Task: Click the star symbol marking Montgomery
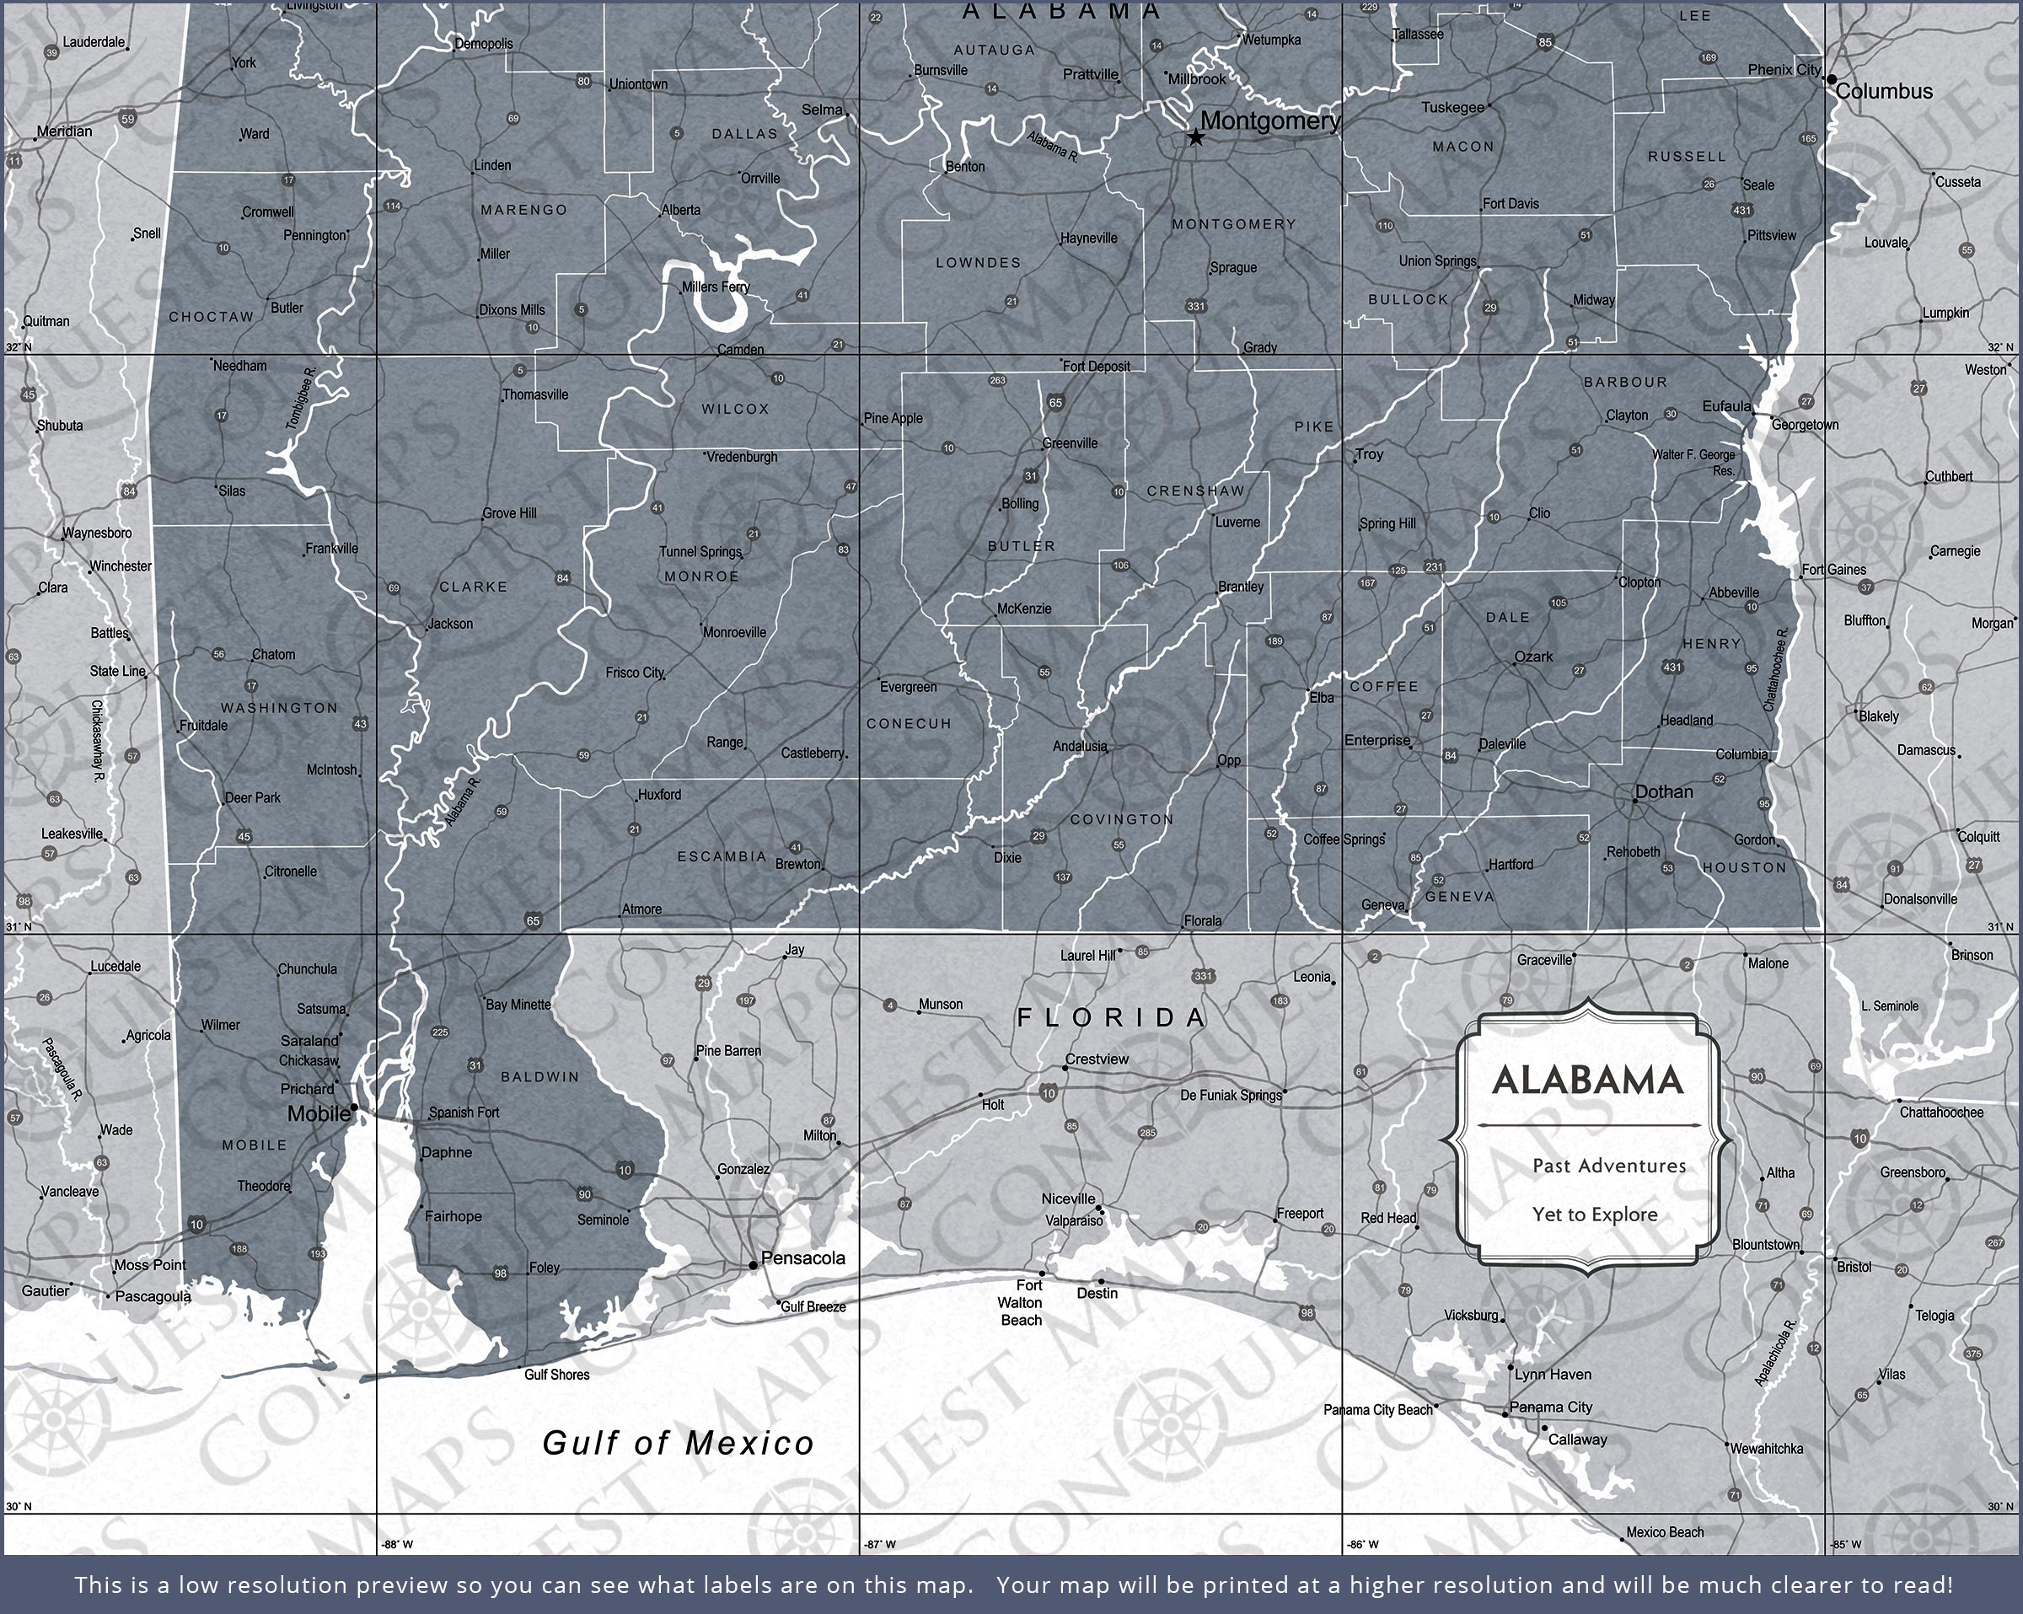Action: pos(1195,138)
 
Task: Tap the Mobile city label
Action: pos(318,1114)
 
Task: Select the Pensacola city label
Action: pos(803,1258)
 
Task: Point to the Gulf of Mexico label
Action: pos(679,1443)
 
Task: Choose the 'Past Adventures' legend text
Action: pos(1609,1166)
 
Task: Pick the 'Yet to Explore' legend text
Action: pos(1594,1215)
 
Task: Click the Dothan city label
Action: pos(1664,792)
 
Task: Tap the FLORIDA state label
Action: pos(1112,1017)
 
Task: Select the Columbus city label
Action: pos(1884,92)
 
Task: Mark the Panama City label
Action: pos(1551,1407)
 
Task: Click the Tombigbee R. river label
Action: pos(301,399)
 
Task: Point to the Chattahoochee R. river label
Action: pos(1778,670)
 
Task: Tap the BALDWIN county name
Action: pos(539,1077)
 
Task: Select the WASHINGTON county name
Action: pos(279,707)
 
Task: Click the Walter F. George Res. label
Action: pos(1693,463)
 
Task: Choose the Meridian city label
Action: pos(65,131)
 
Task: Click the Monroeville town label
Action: pos(735,632)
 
